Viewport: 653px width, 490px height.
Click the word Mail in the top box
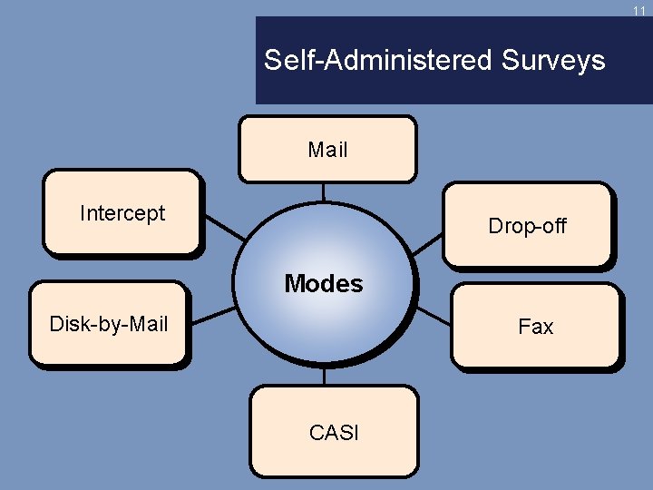[327, 150]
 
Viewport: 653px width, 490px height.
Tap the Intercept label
[122, 213]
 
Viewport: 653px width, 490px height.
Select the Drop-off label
[527, 226]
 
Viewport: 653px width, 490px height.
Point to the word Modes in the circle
[323, 284]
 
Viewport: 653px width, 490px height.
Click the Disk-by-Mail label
[109, 324]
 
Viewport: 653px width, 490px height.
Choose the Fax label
[535, 327]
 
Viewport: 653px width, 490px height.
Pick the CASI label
[334, 433]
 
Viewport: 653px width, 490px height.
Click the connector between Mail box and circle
[323, 191]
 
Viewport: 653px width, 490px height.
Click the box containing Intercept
[122, 236]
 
